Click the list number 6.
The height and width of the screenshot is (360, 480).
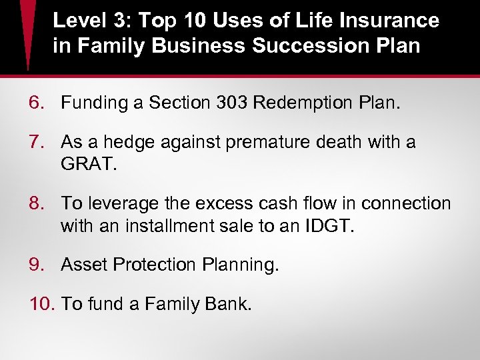click(x=37, y=103)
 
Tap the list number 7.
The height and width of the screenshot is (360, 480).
click(x=37, y=142)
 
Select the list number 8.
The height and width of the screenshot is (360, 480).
click(x=37, y=203)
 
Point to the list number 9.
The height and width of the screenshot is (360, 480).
click(x=37, y=265)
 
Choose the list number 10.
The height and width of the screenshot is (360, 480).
click(x=42, y=305)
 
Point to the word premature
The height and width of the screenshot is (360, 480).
click(x=263, y=143)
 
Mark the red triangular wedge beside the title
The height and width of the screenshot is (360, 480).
click(x=27, y=33)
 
